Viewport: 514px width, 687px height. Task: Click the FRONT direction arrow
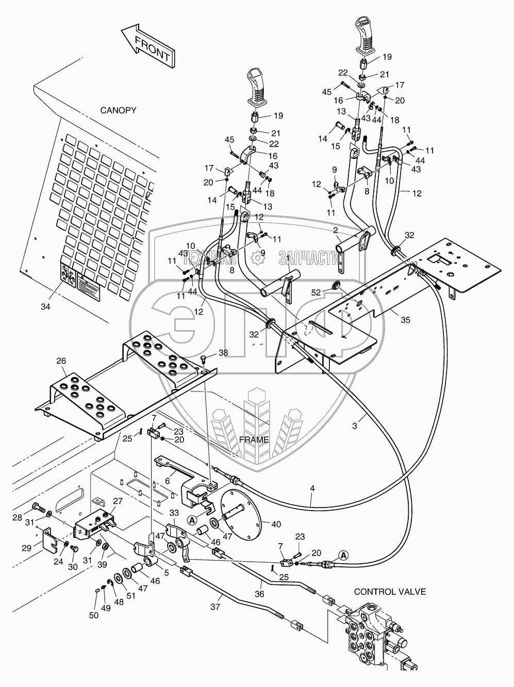(x=148, y=46)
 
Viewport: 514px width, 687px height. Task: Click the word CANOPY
(x=118, y=110)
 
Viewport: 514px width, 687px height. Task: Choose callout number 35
(x=406, y=320)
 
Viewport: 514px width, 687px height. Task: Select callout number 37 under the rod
(x=215, y=607)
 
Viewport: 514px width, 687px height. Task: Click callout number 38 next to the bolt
(x=223, y=353)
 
